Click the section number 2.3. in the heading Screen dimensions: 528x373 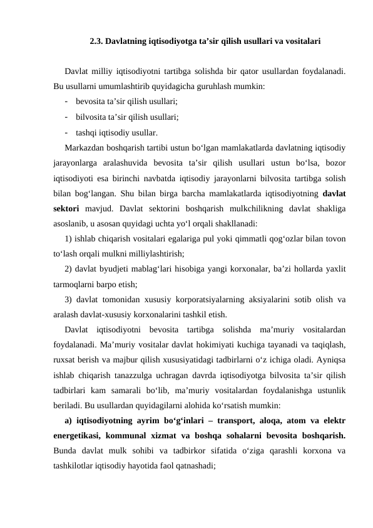pos(96,43)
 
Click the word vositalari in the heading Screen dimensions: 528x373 pos(303,43)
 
